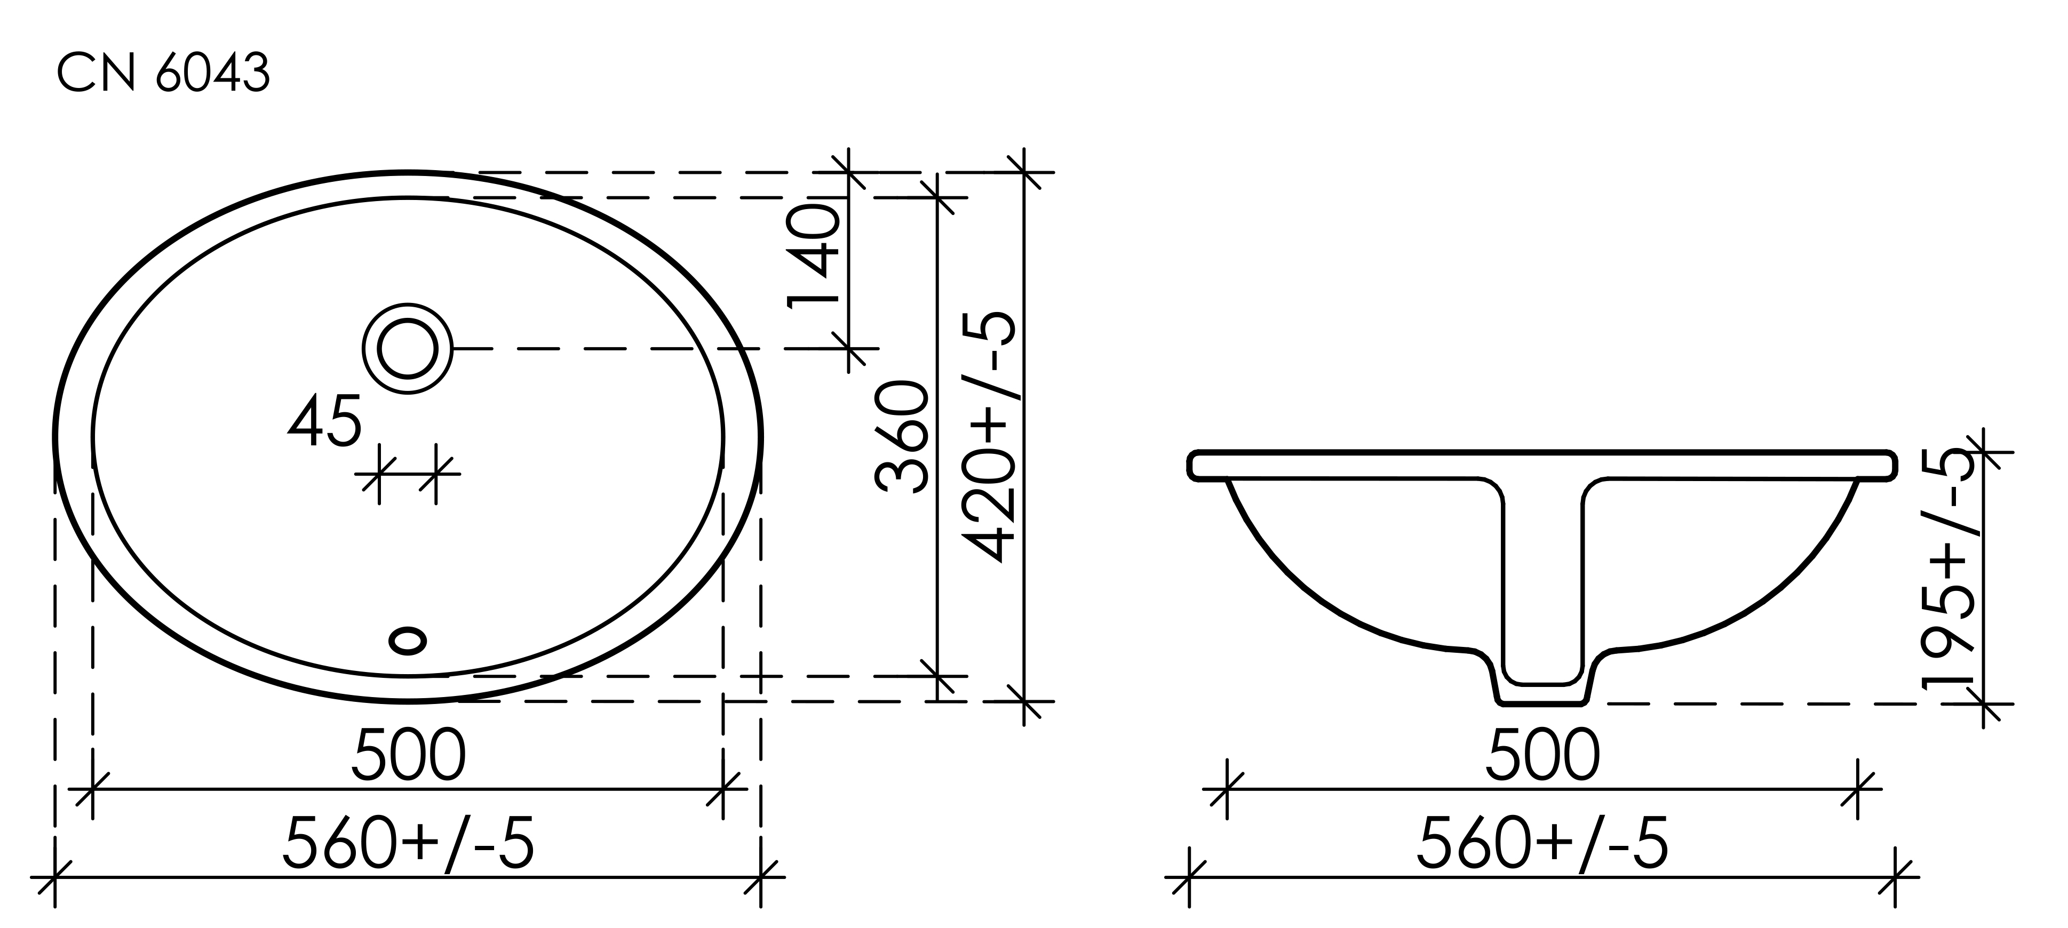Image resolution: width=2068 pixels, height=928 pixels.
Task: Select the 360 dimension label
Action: coord(902,437)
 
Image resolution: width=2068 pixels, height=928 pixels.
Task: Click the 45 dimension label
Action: coord(323,421)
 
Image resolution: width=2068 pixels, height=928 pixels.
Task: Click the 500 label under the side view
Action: coord(1542,755)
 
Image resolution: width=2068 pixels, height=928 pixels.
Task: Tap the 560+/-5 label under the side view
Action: coord(1542,843)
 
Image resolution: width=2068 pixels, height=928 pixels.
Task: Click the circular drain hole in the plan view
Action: coord(407,348)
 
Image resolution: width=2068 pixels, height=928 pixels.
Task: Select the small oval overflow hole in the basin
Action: coord(407,640)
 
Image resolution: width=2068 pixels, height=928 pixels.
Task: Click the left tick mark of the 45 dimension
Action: coord(379,474)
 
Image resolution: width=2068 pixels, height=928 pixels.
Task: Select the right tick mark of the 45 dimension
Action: coord(436,474)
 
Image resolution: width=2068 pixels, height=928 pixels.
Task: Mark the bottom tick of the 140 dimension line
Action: coord(848,348)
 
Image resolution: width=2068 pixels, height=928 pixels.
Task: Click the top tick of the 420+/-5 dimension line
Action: coord(1023,172)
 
